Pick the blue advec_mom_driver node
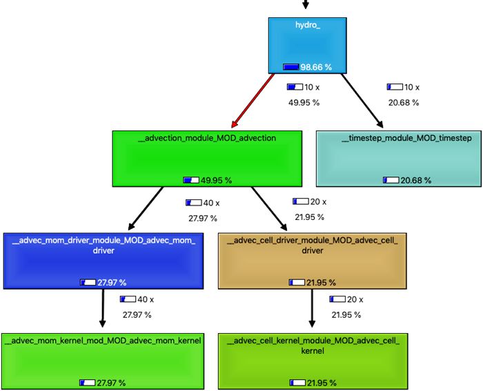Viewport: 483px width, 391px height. (103, 261)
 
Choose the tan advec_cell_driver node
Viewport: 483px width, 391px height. (312, 261)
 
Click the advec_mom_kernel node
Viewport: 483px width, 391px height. (103, 361)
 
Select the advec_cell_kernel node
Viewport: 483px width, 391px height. (312, 361)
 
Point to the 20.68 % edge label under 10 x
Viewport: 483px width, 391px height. (404, 103)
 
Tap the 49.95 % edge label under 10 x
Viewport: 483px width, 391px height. (304, 103)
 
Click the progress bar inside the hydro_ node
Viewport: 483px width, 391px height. (290, 67)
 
